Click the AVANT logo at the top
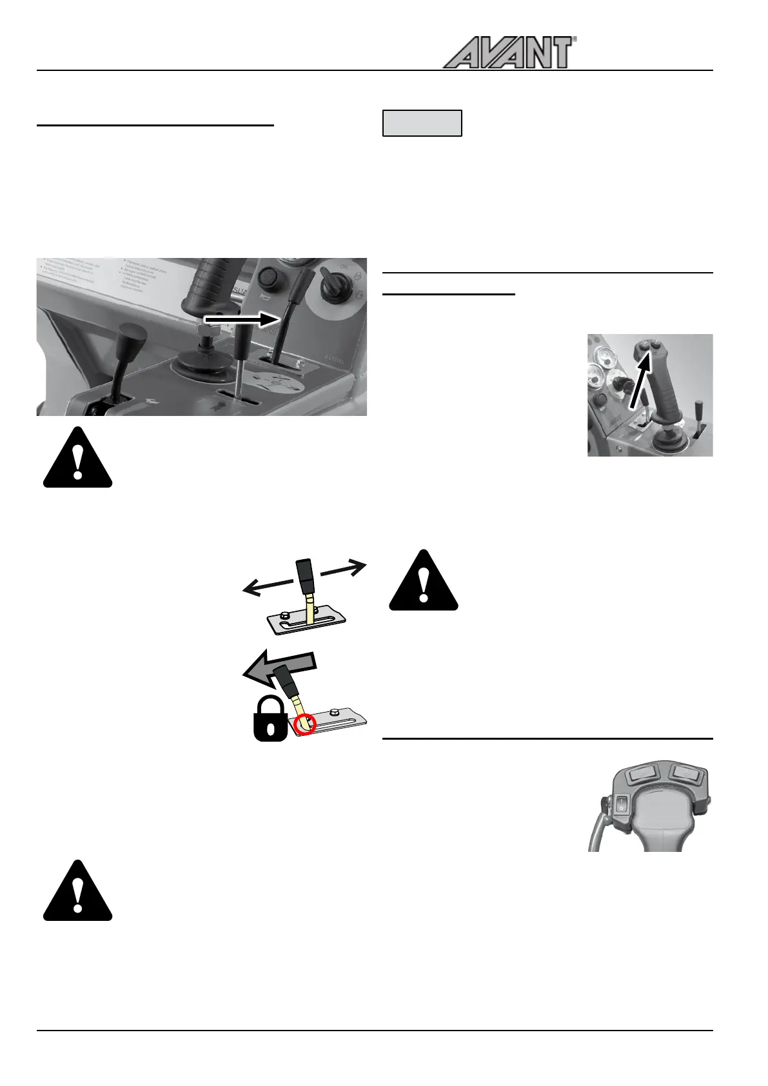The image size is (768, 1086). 508,53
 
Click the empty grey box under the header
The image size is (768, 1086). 422,123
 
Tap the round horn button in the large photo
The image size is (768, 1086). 267,281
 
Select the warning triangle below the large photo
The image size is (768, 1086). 77,459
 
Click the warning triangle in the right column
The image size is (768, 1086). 423,581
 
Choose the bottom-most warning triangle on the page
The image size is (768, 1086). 77,891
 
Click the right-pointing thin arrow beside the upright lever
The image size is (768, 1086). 344,570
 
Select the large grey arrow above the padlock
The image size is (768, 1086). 279,669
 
